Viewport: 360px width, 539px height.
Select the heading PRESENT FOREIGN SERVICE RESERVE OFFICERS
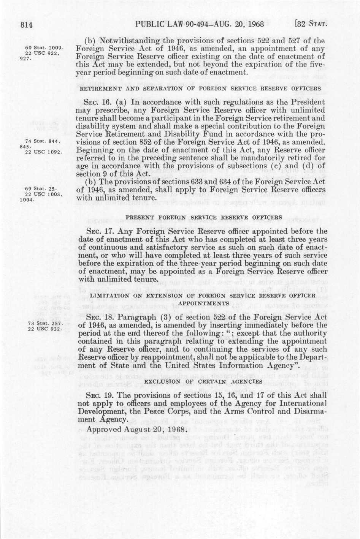pos(204,217)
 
